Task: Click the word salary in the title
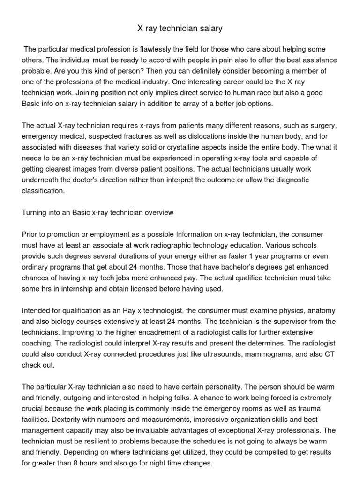tap(210, 29)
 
